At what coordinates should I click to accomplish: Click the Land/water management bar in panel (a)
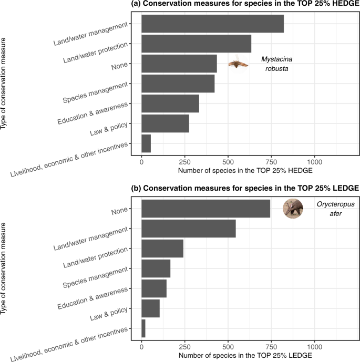[x=212, y=24]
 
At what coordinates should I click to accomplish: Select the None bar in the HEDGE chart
[x=179, y=64]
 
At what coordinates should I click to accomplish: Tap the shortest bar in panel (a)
[x=146, y=143]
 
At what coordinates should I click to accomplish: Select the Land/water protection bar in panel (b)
[x=162, y=249]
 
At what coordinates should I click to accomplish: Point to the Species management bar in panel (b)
[x=156, y=268]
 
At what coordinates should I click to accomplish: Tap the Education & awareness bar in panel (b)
[x=154, y=288]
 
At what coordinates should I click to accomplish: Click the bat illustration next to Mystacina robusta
[x=238, y=64]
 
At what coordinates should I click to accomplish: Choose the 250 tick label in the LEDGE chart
[x=184, y=347]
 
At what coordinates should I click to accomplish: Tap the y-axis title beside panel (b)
[x=5, y=268]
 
